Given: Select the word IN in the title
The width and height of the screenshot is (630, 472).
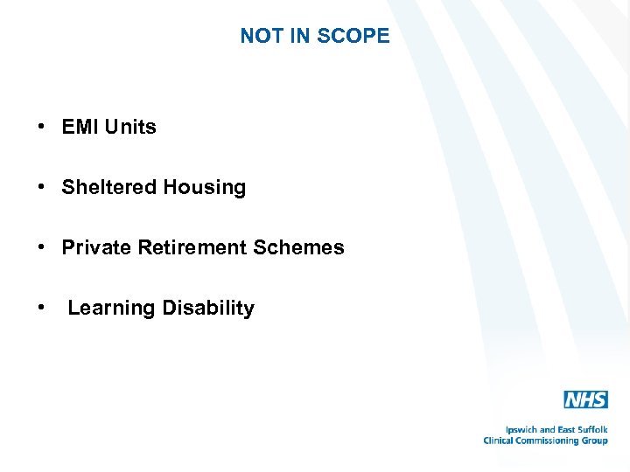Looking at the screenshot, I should click(299, 36).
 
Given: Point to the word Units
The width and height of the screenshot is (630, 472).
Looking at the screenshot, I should click(130, 127).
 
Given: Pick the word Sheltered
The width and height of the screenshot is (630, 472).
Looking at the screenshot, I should click(105, 187).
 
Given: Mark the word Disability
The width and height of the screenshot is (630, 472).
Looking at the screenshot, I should click(208, 308).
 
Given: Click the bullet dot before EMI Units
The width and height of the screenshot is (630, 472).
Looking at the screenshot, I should click(42, 128).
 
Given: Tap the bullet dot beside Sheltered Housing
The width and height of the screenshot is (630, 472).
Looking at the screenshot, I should click(42, 188).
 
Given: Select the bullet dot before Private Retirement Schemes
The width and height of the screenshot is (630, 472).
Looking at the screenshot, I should click(42, 248).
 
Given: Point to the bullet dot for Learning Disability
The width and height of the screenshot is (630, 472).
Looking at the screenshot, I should click(42, 309).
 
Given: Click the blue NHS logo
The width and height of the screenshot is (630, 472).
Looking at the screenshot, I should click(585, 400).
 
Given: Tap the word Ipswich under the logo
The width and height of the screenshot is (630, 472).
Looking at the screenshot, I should click(523, 430).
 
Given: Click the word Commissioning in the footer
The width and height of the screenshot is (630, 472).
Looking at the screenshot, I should click(549, 441).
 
